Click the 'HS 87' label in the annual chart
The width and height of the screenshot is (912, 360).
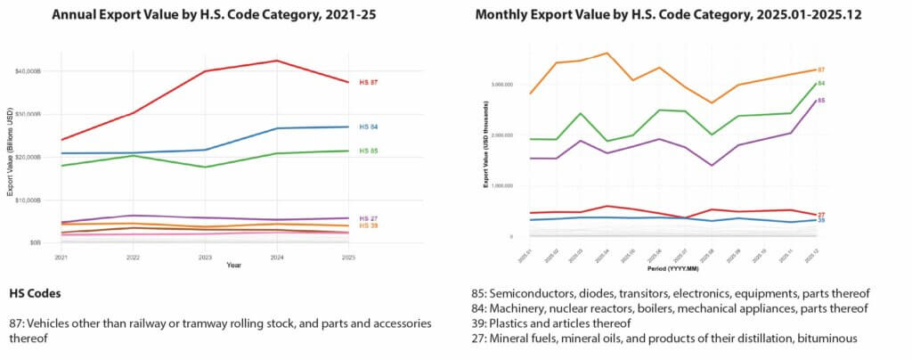(369, 83)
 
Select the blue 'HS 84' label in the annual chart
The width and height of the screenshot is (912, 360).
(369, 127)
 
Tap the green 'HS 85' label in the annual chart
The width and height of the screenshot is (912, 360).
(369, 151)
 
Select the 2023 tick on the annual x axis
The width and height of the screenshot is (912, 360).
(206, 257)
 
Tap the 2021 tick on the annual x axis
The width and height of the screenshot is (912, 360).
(61, 257)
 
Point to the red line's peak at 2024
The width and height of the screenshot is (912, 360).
(277, 61)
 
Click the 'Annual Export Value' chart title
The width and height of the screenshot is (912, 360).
(206, 16)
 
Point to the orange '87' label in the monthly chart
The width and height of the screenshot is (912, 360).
(821, 69)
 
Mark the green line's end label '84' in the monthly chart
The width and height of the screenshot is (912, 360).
(821, 83)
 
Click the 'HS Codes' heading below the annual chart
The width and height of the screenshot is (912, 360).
(36, 293)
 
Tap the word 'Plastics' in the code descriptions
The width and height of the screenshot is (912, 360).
(512, 323)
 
